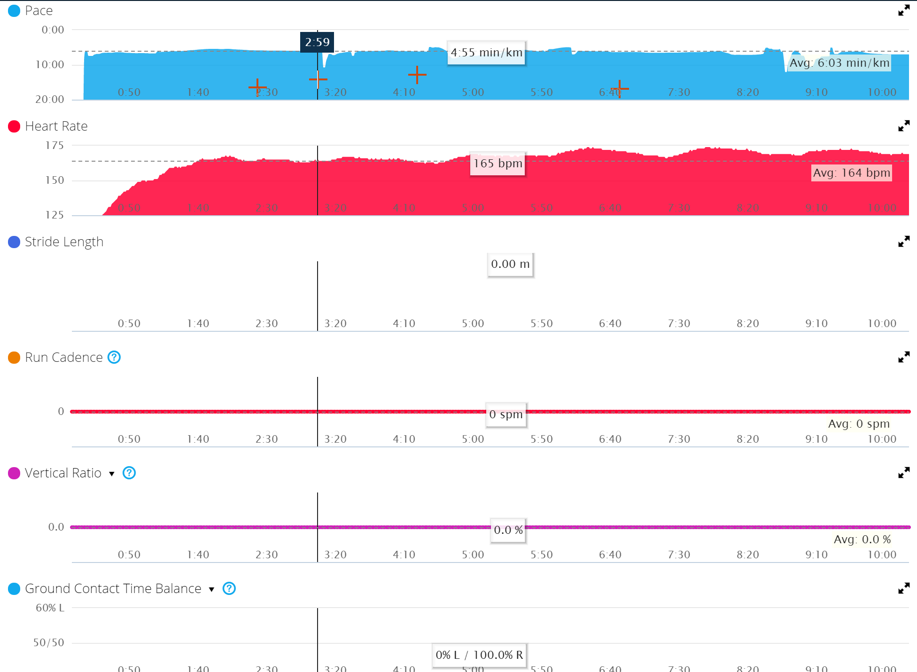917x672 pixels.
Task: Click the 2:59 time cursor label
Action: tap(317, 42)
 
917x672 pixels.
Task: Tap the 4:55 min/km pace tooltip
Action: tap(486, 53)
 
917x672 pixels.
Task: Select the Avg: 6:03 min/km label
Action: tap(839, 63)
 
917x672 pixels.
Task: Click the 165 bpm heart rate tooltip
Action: tap(497, 164)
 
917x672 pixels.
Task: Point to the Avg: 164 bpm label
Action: tap(851, 173)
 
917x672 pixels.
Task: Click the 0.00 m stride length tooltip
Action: tap(510, 264)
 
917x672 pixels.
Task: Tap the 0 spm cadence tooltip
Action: tap(506, 414)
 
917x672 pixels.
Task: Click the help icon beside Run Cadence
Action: tap(114, 357)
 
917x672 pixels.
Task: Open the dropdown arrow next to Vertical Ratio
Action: tap(112, 474)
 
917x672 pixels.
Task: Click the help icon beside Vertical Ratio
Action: tap(129, 473)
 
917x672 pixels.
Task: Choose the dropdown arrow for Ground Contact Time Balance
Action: tap(211, 589)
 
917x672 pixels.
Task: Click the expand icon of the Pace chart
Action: tap(903, 10)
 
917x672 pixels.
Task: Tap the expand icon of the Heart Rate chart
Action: tap(903, 126)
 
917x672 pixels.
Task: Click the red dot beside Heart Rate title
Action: tap(14, 126)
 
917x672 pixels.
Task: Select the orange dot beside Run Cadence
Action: tap(14, 358)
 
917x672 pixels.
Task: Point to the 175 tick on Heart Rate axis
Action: tap(54, 146)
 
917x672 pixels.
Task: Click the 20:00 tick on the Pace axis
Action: tap(50, 99)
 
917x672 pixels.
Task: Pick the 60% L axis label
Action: tap(50, 608)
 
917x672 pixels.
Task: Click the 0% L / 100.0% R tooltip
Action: tap(479, 655)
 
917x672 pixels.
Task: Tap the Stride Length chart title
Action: tap(64, 242)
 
